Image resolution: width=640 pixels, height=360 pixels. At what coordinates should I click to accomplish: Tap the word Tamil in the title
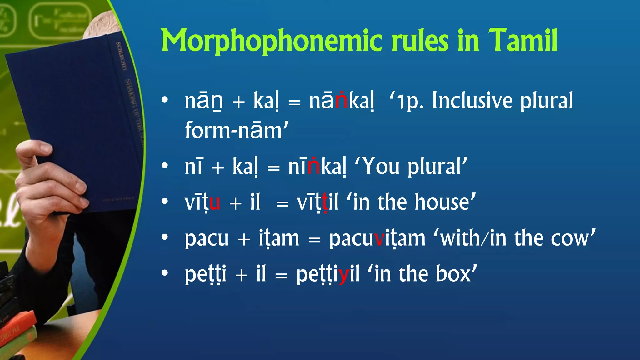(x=523, y=41)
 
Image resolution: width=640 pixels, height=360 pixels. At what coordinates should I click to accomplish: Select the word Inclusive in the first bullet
(x=472, y=101)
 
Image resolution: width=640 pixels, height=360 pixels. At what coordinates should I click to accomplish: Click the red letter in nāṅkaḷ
(x=341, y=101)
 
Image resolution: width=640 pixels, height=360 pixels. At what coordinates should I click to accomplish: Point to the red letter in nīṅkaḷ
(x=313, y=166)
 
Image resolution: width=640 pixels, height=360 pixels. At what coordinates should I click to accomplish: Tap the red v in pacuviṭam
(x=379, y=239)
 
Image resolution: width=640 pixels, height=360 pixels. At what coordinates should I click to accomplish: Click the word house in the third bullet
(x=442, y=202)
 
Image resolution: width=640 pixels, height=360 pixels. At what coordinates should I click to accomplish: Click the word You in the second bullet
(x=382, y=166)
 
